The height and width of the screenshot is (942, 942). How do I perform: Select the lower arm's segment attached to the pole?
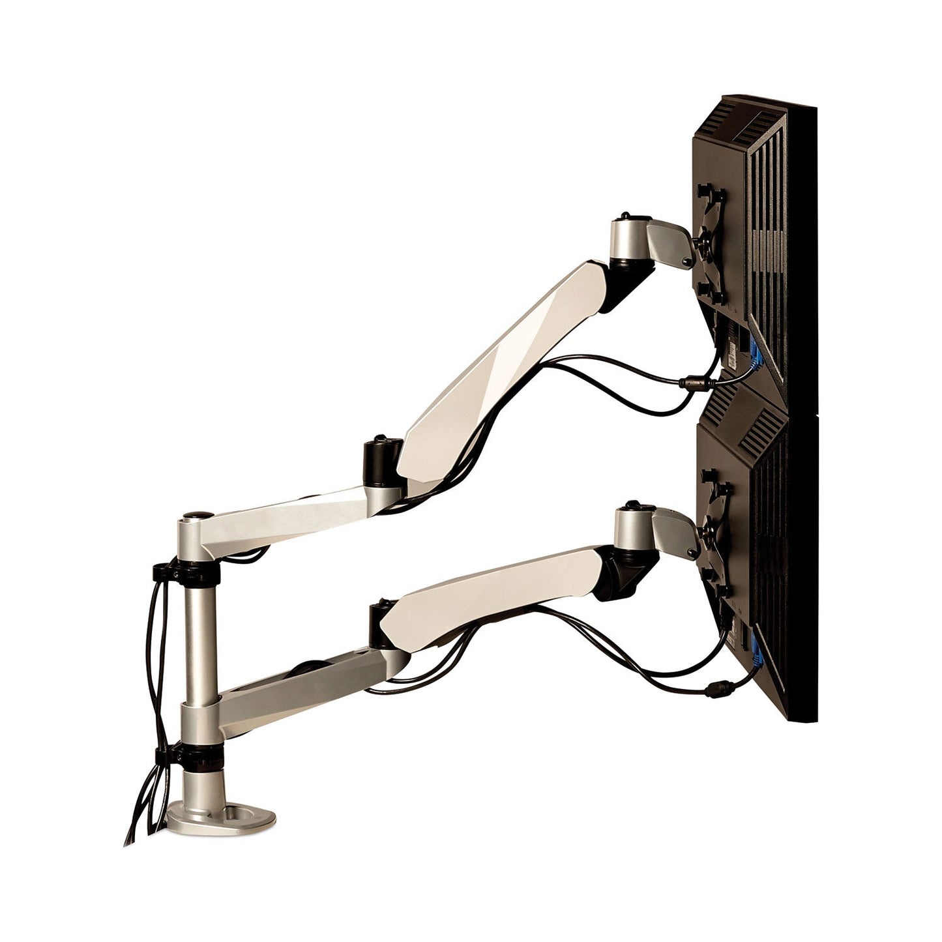tap(293, 684)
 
